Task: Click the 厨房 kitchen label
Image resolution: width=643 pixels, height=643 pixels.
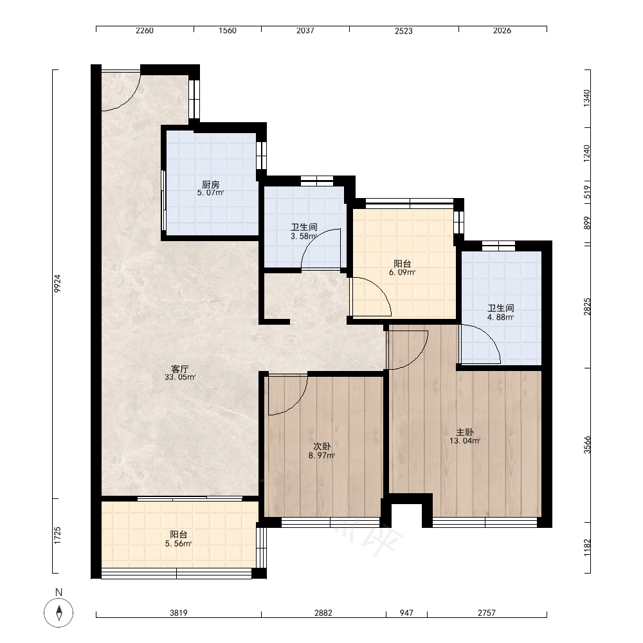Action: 211,185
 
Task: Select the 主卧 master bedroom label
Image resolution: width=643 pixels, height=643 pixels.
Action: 465,432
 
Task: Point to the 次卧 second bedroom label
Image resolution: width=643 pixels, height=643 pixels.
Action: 322,447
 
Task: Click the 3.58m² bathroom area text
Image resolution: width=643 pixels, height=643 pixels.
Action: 304,236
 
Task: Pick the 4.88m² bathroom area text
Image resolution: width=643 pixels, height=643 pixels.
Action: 501,318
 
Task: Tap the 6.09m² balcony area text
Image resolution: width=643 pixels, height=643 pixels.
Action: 403,272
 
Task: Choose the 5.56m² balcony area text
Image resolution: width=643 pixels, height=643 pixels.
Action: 178,544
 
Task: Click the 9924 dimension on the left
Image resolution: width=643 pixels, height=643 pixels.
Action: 57,284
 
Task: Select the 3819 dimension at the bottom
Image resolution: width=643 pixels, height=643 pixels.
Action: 179,613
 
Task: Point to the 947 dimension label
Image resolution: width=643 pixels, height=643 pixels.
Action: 406,613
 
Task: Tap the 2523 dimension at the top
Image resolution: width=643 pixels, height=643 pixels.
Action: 404,31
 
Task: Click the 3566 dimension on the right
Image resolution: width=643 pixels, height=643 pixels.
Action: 588,444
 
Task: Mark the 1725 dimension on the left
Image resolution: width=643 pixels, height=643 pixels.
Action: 57,536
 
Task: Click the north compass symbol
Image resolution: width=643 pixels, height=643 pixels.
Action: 59,613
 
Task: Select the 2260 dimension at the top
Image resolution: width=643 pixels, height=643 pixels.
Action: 145,31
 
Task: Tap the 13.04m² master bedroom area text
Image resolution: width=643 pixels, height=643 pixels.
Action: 465,441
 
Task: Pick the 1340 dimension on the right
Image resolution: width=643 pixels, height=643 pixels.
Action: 587,98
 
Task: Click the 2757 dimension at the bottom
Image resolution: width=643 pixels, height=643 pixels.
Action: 487,613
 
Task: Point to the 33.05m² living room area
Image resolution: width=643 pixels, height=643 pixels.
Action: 180,377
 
